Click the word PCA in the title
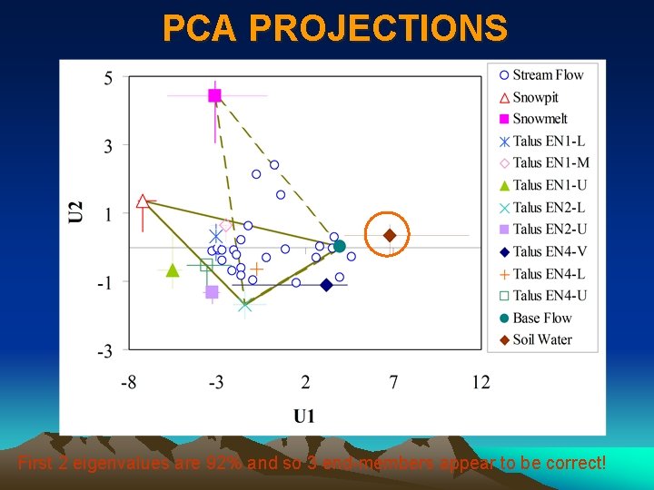point(200,29)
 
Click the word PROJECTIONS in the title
point(379,29)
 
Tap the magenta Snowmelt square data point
point(214,95)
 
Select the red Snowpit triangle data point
point(143,201)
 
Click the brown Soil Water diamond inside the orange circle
point(390,236)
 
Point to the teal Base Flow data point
point(340,246)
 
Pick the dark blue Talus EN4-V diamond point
point(326,285)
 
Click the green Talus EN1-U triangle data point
point(173,270)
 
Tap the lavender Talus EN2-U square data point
point(212,291)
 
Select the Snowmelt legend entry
point(540,119)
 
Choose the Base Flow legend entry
point(541,318)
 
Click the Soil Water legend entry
point(541,339)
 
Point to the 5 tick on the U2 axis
point(108,78)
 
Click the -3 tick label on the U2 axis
point(105,351)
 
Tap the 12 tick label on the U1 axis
point(481,383)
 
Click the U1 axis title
point(304,416)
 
